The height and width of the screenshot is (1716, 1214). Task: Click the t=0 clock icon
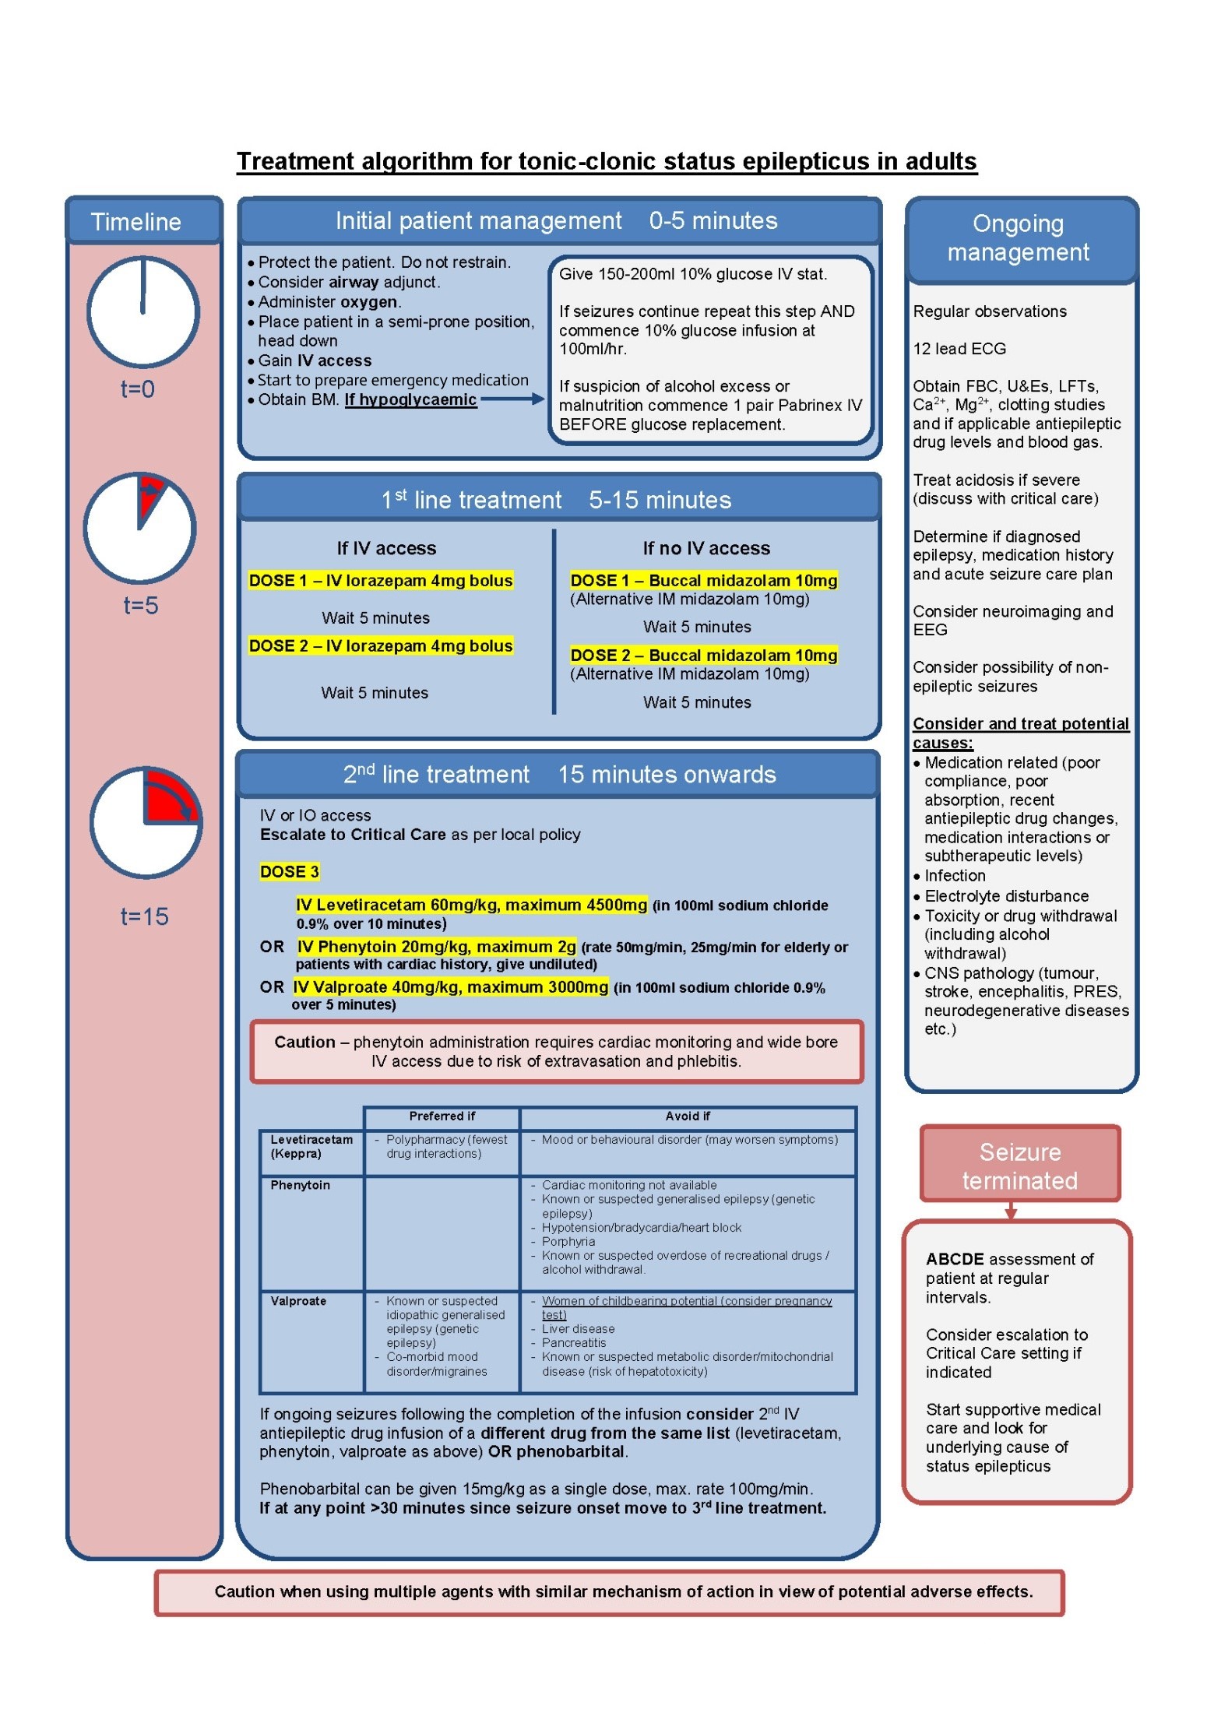click(x=143, y=312)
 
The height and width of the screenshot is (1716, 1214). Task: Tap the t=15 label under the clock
click(x=144, y=916)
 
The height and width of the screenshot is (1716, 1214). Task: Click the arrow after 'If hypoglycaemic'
click(x=512, y=399)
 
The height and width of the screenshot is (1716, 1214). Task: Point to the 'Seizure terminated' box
click(x=1020, y=1166)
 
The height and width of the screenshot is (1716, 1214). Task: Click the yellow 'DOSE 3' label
click(x=289, y=871)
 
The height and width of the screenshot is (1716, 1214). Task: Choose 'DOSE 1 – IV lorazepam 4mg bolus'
click(x=381, y=580)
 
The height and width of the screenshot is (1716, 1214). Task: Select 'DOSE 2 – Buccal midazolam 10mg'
click(x=703, y=655)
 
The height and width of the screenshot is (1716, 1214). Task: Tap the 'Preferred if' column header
click(x=442, y=1116)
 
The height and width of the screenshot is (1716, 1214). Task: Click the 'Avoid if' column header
click(x=688, y=1116)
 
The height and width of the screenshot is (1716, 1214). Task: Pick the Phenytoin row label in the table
click(x=300, y=1185)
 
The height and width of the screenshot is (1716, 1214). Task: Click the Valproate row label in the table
click(x=298, y=1301)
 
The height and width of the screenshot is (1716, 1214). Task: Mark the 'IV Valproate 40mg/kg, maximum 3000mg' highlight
click(x=450, y=987)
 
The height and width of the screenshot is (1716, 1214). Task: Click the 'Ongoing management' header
click(x=1019, y=237)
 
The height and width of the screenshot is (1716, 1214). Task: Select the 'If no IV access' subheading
click(x=706, y=548)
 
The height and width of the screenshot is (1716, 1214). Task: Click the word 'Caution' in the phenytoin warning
click(x=304, y=1042)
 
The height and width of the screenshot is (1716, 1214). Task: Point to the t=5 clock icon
click(x=140, y=528)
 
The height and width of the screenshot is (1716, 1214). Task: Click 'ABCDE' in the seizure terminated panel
click(x=955, y=1259)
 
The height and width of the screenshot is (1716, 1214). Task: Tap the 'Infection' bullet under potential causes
click(x=955, y=876)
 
